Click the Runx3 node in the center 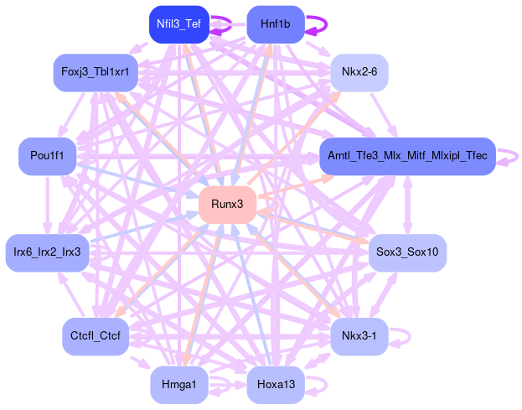pos(227,205)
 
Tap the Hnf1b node pos(275,24)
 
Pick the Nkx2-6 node pos(359,73)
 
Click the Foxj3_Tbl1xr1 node pos(95,73)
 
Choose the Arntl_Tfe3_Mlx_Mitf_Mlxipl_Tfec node pos(407,157)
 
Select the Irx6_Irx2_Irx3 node pos(47,252)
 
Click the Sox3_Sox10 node pos(407,252)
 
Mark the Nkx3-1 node pos(359,337)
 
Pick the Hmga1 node pos(178,385)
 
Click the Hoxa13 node pos(275,385)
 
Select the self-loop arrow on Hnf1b pos(317,24)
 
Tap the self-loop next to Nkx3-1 pos(403,337)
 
